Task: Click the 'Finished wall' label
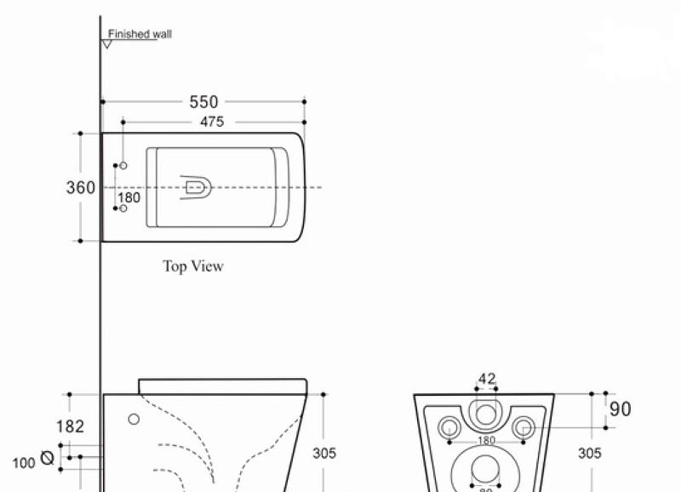click(140, 34)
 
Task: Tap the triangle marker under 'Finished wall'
click(107, 43)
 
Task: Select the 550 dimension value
click(203, 101)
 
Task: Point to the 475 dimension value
click(212, 122)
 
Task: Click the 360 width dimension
click(81, 187)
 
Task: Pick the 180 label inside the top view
click(129, 197)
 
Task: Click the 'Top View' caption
click(193, 266)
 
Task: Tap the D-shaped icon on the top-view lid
click(195, 186)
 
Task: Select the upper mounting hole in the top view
click(123, 164)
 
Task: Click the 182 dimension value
click(70, 426)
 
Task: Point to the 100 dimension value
click(24, 464)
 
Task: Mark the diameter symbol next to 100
click(47, 458)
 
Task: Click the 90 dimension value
click(621, 409)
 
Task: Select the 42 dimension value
click(487, 380)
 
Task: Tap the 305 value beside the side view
click(324, 454)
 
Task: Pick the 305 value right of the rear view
click(590, 454)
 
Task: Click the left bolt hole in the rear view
click(449, 426)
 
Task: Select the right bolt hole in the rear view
click(524, 426)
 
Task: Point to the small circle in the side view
click(134, 419)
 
